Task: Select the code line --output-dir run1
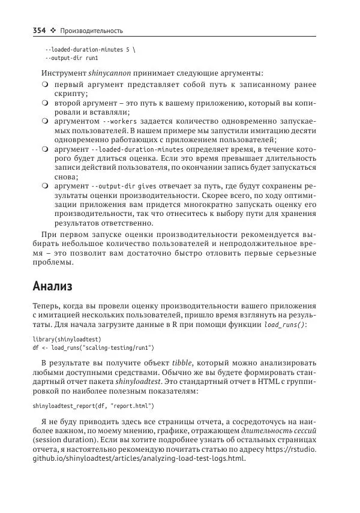pos(71,59)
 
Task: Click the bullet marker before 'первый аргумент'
pos(46,85)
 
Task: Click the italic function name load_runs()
pos(284,325)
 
